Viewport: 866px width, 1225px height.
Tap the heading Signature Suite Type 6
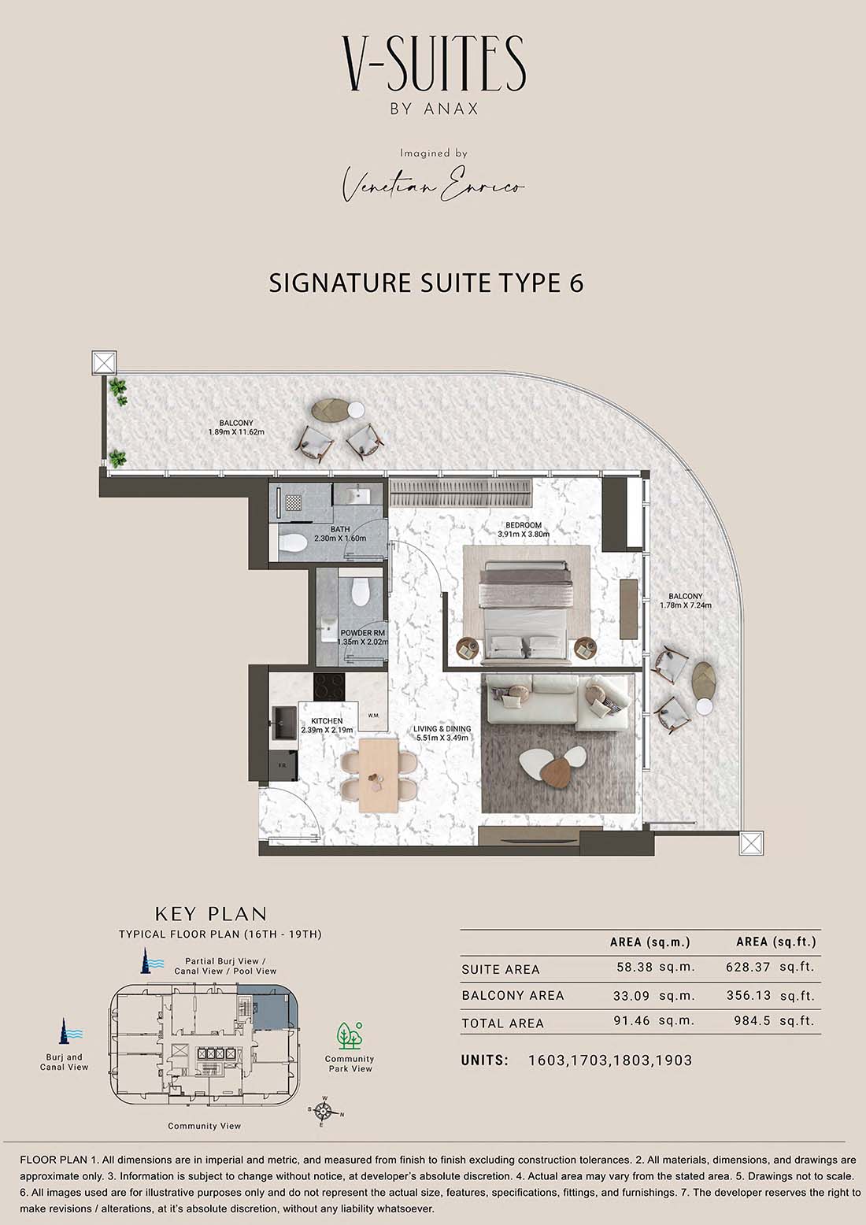tap(427, 283)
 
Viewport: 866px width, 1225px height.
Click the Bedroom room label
tap(524, 525)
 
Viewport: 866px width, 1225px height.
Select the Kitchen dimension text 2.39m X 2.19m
tap(327, 730)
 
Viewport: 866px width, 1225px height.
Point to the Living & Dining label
tap(442, 729)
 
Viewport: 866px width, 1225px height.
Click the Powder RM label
tap(362, 633)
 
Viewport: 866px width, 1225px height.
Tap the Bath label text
tap(340, 529)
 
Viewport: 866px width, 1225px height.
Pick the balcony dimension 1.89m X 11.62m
tap(236, 432)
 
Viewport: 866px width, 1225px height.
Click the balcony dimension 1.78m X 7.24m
tap(686, 605)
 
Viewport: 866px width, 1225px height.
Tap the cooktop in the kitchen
tap(329, 686)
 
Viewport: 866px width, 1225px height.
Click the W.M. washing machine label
tap(373, 716)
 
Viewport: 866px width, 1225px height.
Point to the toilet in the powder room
tap(360, 591)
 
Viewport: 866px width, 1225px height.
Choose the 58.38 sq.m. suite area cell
tap(656, 967)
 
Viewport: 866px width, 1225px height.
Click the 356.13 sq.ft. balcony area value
tap(770, 995)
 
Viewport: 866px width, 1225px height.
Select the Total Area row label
tap(502, 1023)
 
